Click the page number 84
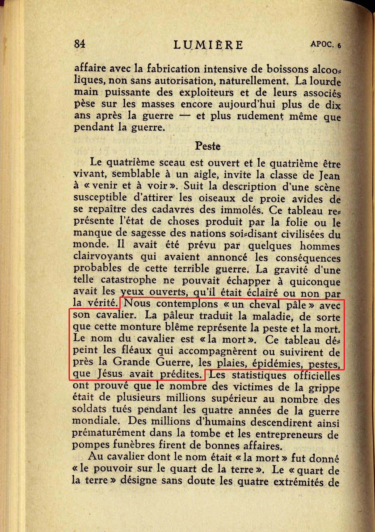click(x=80, y=43)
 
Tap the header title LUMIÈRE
click(x=208, y=45)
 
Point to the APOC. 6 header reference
click(x=326, y=44)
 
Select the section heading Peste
click(x=208, y=146)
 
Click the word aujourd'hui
click(x=247, y=104)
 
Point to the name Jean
click(x=329, y=176)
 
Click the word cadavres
click(x=173, y=209)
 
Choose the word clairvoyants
click(x=103, y=256)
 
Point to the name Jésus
click(x=110, y=374)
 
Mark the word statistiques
click(x=259, y=376)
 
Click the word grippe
click(x=324, y=388)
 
